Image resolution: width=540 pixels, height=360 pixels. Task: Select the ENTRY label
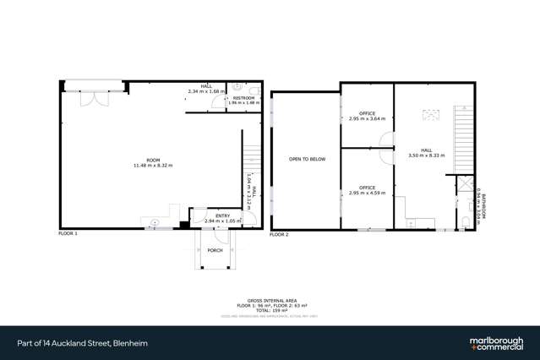[222, 215]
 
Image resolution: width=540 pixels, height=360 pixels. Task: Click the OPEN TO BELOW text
[304, 158]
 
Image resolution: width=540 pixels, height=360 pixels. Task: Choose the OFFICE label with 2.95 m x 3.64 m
[367, 113]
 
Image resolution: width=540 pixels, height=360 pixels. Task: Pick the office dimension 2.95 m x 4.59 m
[367, 193]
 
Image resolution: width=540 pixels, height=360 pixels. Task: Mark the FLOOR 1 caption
[68, 232]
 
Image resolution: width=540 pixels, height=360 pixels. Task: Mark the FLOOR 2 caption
[279, 232]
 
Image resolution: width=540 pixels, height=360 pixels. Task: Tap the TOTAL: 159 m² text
[270, 309]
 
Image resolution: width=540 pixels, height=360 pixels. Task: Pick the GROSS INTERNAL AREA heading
[270, 299]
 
